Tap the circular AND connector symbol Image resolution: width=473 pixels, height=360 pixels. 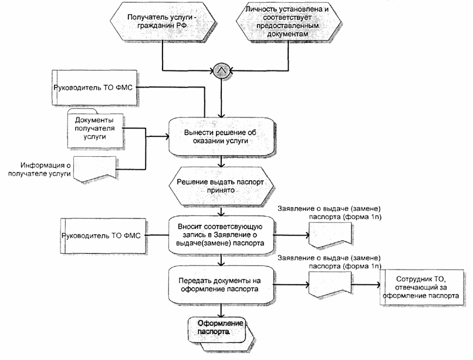[x=221, y=71]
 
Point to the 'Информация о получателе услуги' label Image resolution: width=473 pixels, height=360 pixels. [x=46, y=170]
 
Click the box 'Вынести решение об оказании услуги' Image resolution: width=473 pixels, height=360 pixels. [x=221, y=136]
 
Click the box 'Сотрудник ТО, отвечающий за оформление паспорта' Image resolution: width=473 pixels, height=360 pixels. [x=420, y=286]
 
